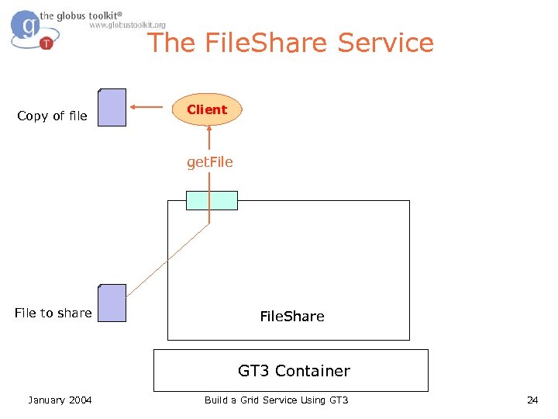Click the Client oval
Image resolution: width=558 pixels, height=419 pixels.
tap(207, 110)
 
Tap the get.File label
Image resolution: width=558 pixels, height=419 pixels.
tap(209, 162)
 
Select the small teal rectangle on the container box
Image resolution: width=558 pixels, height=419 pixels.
tap(212, 200)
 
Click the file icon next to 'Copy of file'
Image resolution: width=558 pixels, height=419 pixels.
tap(112, 108)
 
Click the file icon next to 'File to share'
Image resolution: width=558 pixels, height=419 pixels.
tap(112, 303)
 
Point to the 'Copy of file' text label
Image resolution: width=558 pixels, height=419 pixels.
tap(52, 116)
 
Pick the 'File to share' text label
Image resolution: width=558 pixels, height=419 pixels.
tap(53, 313)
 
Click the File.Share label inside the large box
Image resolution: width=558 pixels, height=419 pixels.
tap(291, 316)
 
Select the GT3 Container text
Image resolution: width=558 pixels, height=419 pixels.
tap(294, 371)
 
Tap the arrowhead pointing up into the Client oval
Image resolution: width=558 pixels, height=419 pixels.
tap(208, 131)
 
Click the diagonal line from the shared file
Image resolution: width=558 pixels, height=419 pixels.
tap(167, 260)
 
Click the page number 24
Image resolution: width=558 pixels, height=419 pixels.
tap(532, 400)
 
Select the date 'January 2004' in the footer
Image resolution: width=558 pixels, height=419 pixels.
tap(60, 400)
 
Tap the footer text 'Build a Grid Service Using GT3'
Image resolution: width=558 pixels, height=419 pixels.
tap(276, 400)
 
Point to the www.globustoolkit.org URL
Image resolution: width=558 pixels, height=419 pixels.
tap(127, 25)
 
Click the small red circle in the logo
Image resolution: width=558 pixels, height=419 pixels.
tap(46, 43)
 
